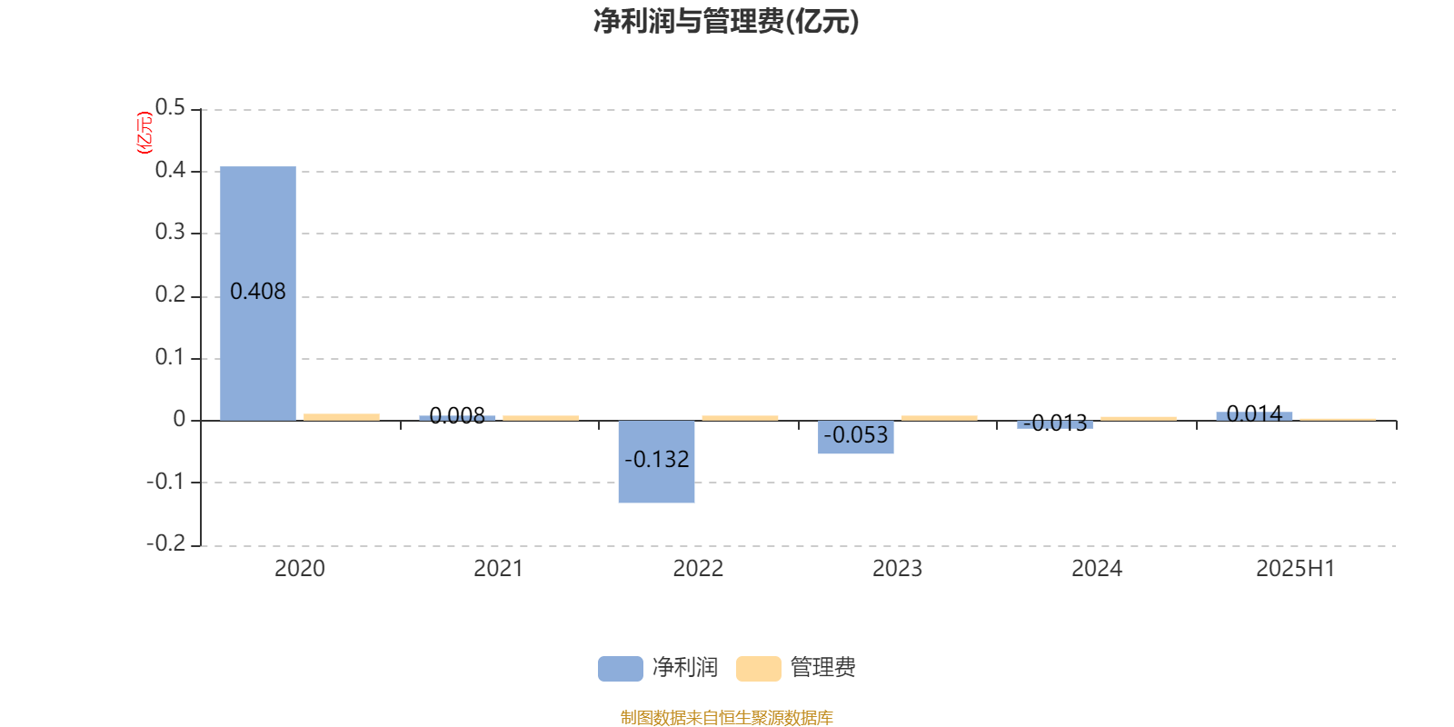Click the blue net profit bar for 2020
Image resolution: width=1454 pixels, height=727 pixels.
click(258, 294)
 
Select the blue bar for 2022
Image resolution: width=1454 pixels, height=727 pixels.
click(656, 462)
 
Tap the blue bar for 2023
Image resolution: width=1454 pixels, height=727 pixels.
click(855, 437)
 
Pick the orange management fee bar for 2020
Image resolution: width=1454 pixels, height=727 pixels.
click(342, 417)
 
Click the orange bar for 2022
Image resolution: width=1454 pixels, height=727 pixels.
click(740, 418)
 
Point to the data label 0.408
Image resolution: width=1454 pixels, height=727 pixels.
click(258, 292)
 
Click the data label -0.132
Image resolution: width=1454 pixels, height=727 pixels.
click(656, 460)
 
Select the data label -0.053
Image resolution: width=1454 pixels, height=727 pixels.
click(855, 435)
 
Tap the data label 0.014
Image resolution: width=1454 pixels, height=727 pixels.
click(1254, 413)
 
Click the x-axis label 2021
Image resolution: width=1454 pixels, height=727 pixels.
click(498, 569)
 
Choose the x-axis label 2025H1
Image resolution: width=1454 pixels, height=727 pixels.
click(1295, 569)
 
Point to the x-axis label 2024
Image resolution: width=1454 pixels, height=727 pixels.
click(1096, 569)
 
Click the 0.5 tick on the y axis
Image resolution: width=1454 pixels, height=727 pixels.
click(170, 107)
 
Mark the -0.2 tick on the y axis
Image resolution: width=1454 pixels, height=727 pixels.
click(166, 543)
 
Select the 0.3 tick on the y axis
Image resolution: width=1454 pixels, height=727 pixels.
click(170, 232)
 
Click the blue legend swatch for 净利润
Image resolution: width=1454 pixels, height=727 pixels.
click(620, 669)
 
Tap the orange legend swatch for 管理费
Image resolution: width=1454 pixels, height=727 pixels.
click(758, 669)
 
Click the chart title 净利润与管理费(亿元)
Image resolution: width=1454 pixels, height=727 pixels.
click(726, 22)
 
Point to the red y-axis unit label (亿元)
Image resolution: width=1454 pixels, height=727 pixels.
click(144, 133)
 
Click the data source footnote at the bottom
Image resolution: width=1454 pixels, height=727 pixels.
click(726, 717)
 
